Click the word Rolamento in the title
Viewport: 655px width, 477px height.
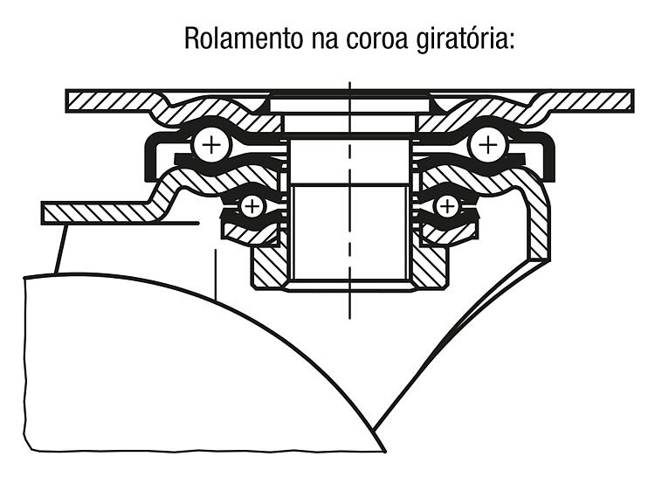(x=244, y=38)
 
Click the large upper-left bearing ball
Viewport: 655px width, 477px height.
(x=212, y=146)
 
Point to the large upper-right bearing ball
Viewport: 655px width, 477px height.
(x=488, y=146)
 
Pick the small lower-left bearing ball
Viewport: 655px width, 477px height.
(x=252, y=206)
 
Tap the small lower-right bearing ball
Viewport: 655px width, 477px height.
(x=446, y=206)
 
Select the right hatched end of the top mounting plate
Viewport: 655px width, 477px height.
(x=589, y=101)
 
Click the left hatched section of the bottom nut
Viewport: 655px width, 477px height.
(x=270, y=267)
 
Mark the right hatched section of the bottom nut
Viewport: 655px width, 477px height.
(x=431, y=267)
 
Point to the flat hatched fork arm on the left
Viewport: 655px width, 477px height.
(x=100, y=212)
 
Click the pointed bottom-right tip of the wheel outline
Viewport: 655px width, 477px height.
(x=385, y=451)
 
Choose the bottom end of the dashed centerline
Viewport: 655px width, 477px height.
(x=350, y=319)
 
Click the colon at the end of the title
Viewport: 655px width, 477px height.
(x=511, y=40)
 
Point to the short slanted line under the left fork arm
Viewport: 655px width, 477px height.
(x=61, y=249)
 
